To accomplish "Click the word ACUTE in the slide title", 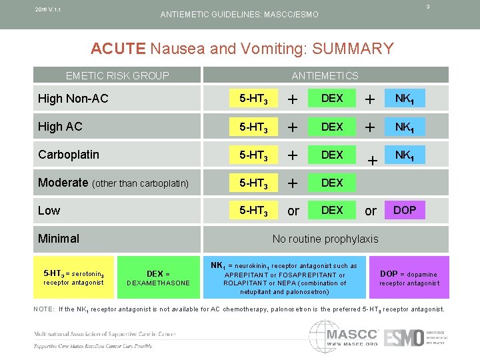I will pyautogui.click(x=118, y=49).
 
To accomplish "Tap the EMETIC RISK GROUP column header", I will pyautogui.click(x=117, y=75).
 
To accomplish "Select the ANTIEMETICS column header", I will pyautogui.click(x=325, y=75).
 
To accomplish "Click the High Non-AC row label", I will pyautogui.click(x=73, y=99).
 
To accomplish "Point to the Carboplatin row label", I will pyautogui.click(x=69, y=155).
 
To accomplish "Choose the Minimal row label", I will pyautogui.click(x=59, y=239).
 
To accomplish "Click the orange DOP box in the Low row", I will pyautogui.click(x=405, y=210).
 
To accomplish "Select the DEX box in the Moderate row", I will pyautogui.click(x=332, y=183).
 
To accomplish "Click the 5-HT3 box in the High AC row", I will pyautogui.click(x=254, y=127).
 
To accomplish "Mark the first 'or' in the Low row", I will pyautogui.click(x=293, y=211).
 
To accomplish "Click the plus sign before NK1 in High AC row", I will pyautogui.click(x=371, y=127).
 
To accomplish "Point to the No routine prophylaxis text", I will pyautogui.click(x=325, y=239).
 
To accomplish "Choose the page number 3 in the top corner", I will pyautogui.click(x=446, y=7).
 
